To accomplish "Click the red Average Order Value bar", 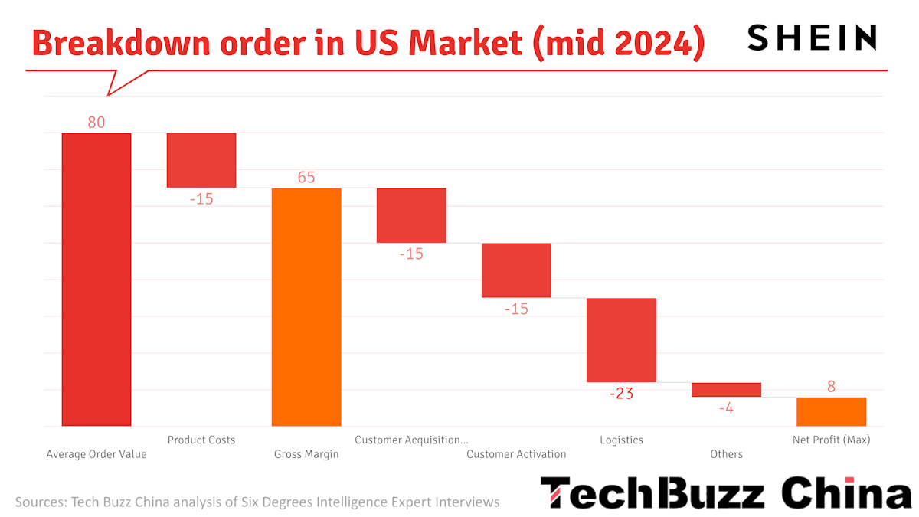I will coord(96,280).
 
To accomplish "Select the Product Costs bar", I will coord(201,160).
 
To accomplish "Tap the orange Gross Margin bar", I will coord(306,306).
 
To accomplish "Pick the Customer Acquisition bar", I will coord(411,215).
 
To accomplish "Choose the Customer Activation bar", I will coord(516,270).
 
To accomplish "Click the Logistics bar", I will coord(621,339).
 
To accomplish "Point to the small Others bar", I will coord(726,390).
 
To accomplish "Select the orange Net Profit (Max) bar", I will coord(831,411).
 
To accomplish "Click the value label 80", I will coord(96,122).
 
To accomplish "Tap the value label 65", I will coord(306,177).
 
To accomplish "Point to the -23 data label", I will coord(621,394).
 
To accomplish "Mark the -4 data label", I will coord(726,408).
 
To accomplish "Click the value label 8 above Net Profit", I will coord(831,387).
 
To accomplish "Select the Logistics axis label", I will coord(621,440).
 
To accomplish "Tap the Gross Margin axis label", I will coord(306,454).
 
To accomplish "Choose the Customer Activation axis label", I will coord(516,454).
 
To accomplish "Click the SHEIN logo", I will coord(812,38).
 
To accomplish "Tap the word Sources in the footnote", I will coord(39,502).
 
